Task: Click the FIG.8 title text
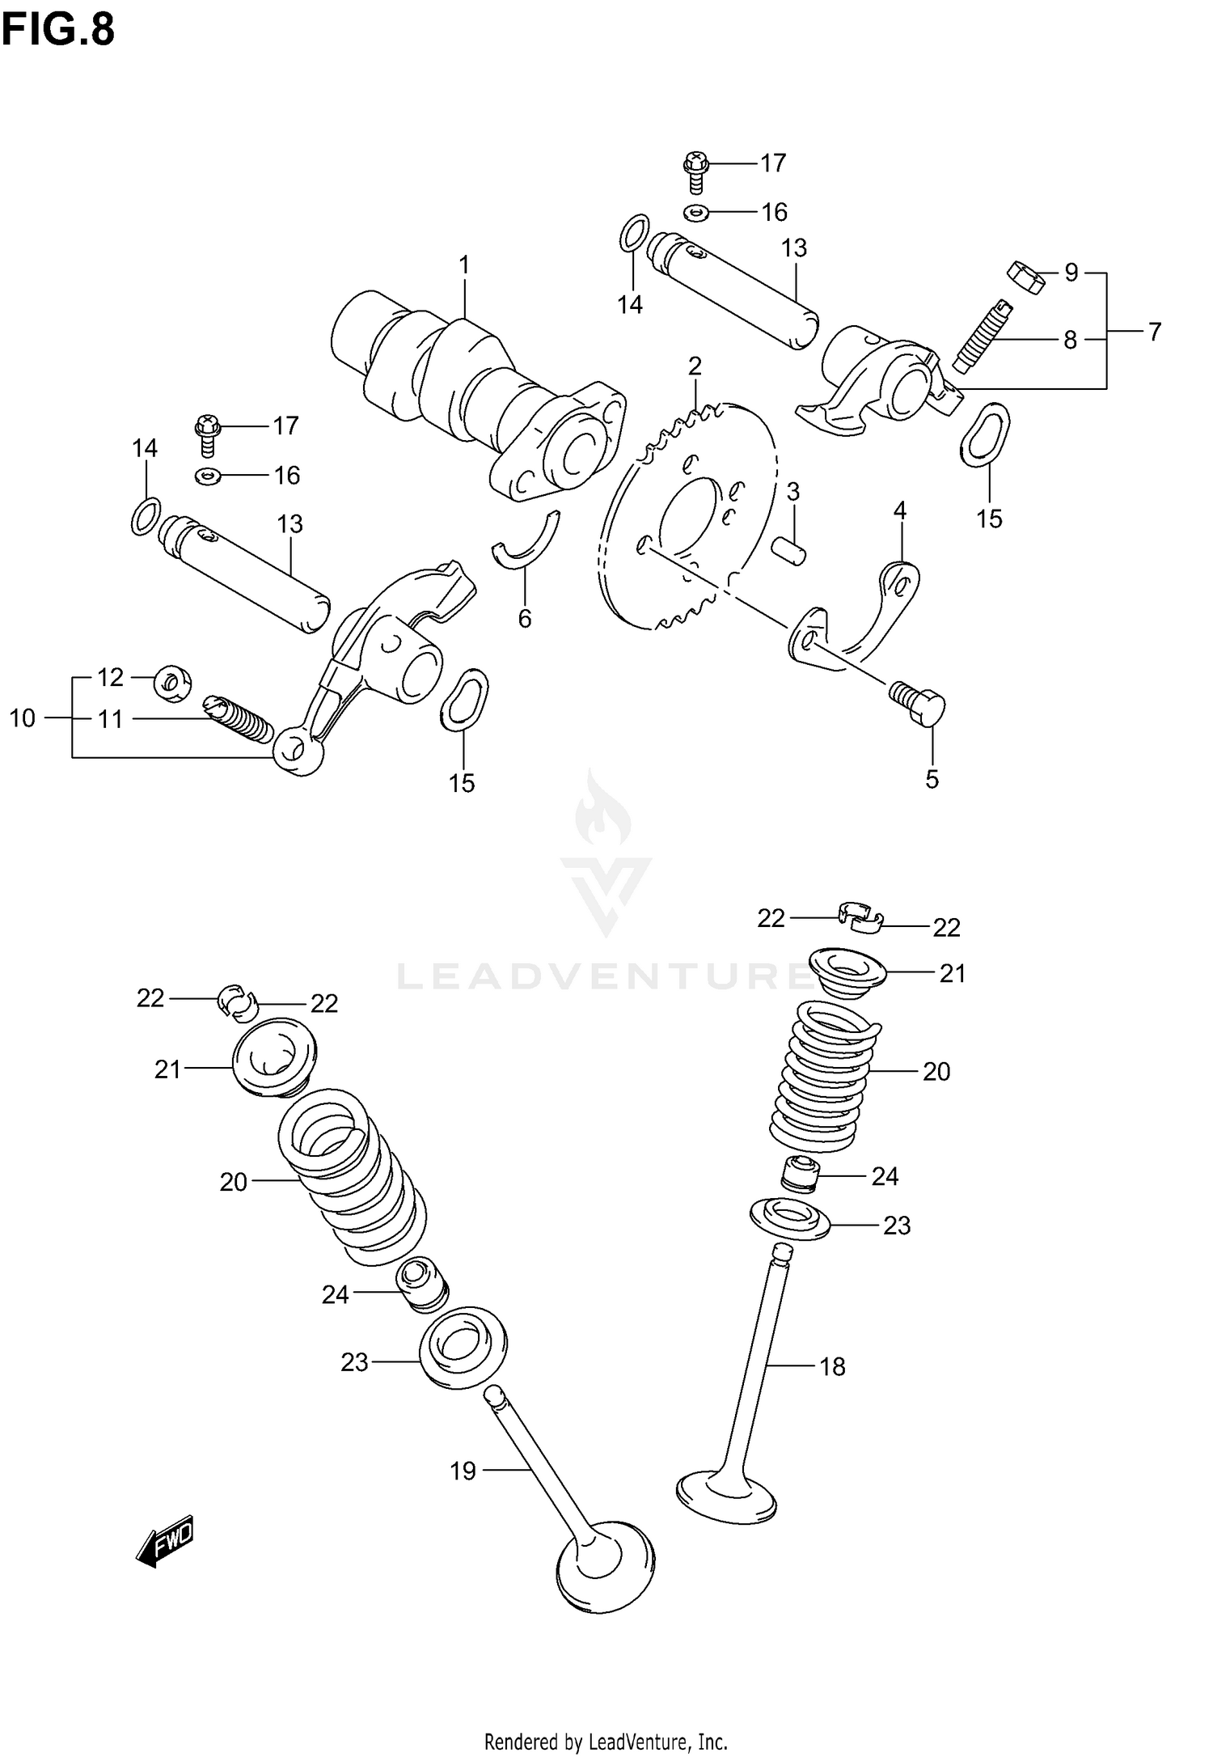click(58, 31)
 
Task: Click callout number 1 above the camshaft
click(464, 265)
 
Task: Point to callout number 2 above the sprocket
click(695, 366)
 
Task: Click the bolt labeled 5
click(920, 703)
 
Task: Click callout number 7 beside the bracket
click(1155, 332)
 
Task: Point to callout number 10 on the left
click(23, 718)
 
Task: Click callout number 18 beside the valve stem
click(832, 1366)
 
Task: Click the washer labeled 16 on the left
click(208, 476)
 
